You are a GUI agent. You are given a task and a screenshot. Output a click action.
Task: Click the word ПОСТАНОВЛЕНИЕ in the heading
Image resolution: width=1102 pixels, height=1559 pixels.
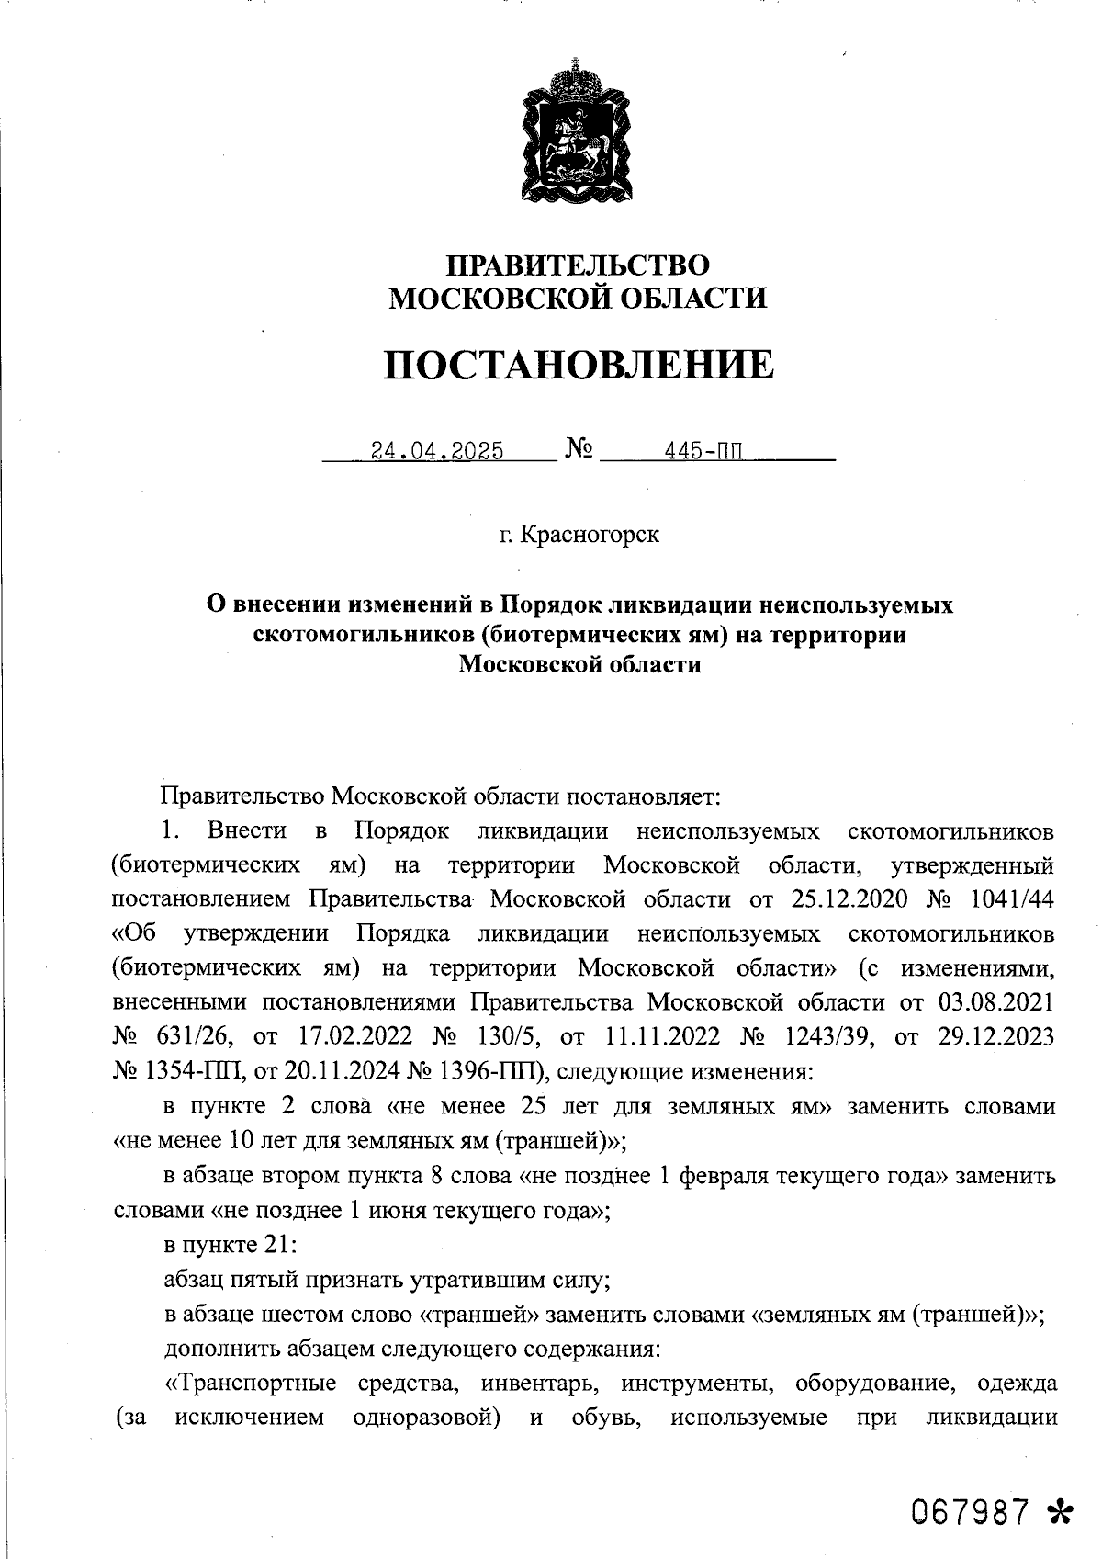(578, 365)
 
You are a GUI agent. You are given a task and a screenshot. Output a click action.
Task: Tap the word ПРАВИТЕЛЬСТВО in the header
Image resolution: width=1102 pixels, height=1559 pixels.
(578, 265)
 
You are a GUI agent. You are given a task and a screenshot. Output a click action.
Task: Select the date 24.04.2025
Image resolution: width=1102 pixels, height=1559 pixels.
(436, 451)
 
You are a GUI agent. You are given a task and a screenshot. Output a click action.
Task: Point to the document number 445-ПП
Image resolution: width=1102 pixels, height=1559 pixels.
(707, 451)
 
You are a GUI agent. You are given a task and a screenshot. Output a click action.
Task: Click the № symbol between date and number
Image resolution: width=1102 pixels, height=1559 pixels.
(579, 449)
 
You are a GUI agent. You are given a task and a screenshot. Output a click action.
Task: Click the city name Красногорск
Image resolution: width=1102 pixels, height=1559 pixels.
(589, 534)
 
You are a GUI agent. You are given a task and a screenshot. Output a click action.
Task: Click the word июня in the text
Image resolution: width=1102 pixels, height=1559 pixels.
(404, 1210)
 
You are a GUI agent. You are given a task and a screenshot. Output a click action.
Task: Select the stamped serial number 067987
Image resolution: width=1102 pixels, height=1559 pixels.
(971, 1511)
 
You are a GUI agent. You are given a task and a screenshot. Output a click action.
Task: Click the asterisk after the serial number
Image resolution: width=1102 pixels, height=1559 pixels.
(1059, 1511)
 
